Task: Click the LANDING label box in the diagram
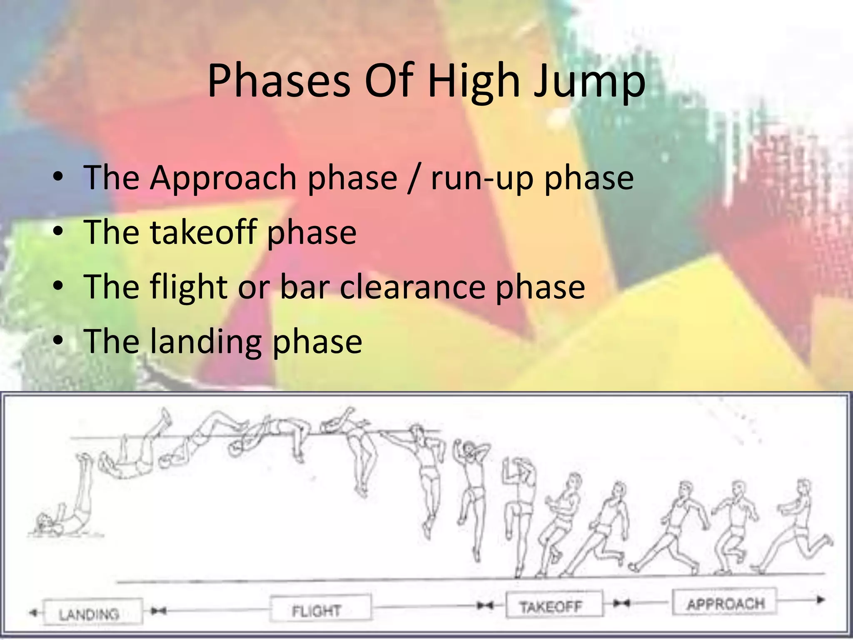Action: coord(92,612)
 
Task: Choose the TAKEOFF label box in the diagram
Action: coord(554,604)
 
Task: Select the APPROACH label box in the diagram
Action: coord(725,602)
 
